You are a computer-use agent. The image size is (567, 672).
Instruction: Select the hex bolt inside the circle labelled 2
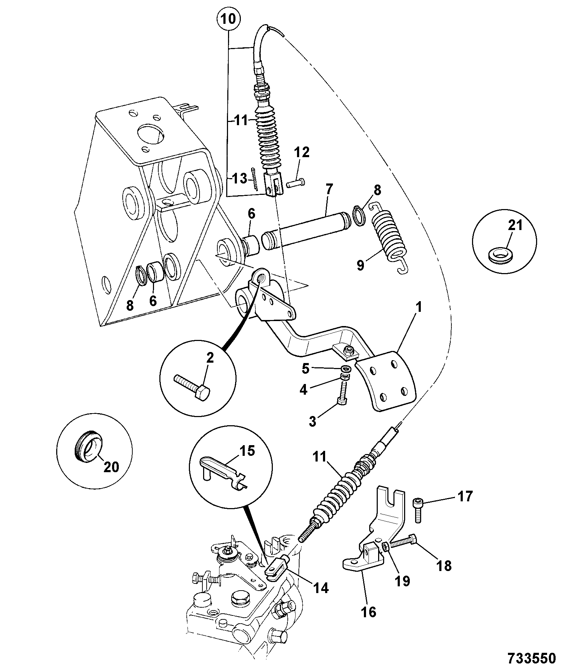pyautogui.click(x=192, y=388)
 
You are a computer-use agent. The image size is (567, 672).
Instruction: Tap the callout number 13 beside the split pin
pyautogui.click(x=239, y=178)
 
